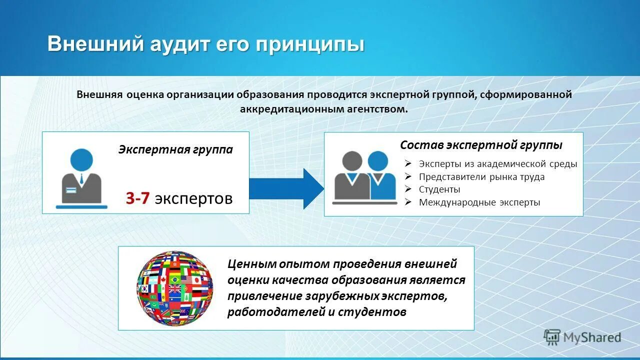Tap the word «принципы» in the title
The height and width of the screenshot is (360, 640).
[310, 44]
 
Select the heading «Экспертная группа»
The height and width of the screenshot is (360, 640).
[175, 149]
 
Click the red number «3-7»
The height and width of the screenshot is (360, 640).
[137, 198]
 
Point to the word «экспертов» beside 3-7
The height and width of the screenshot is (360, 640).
[193, 198]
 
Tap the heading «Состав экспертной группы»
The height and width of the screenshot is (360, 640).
[481, 145]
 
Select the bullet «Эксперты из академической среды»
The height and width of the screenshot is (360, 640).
[497, 163]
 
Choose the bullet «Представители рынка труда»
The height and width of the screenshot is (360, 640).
[481, 176]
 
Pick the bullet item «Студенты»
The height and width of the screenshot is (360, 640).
[439, 189]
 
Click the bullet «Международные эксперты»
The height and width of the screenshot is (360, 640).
[479, 202]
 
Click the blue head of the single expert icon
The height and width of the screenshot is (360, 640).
[81, 159]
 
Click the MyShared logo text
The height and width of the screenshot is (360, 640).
[592, 337]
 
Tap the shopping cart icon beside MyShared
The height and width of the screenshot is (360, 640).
[552, 337]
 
